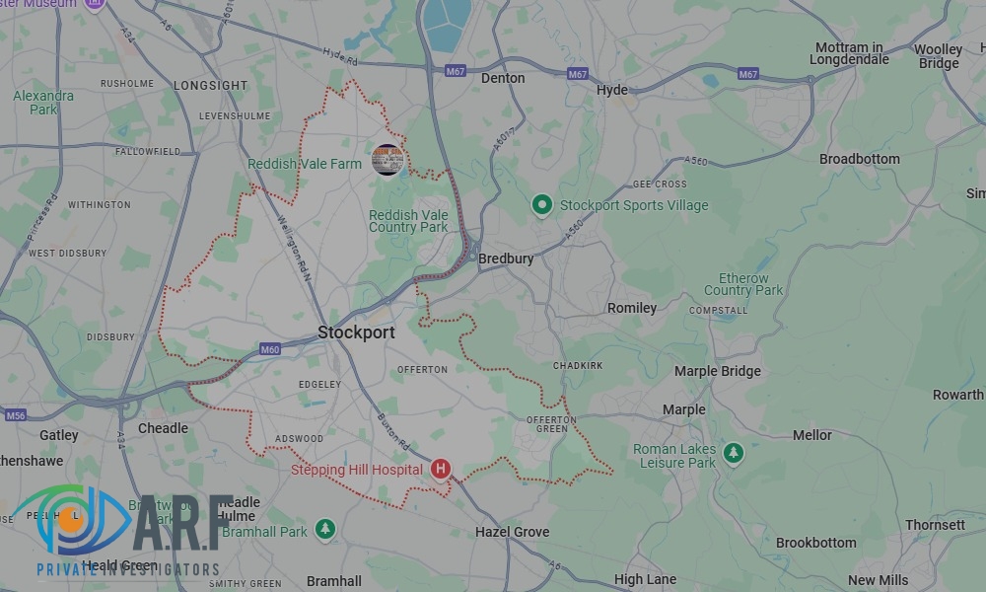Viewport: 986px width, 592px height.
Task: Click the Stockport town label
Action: (356, 333)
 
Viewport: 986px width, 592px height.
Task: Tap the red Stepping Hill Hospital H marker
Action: (441, 470)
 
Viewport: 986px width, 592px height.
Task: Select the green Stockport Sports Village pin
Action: (540, 205)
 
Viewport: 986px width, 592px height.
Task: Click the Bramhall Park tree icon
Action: (325, 531)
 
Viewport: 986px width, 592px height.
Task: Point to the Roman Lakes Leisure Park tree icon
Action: (733, 454)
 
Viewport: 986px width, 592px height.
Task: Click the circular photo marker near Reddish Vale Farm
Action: (387, 161)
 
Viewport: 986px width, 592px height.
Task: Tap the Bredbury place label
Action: (506, 259)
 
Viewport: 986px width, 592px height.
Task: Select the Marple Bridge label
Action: (717, 371)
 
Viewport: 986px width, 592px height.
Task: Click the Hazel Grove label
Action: (512, 532)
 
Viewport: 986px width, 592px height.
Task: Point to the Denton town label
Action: (503, 78)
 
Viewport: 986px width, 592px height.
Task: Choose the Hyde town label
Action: (611, 90)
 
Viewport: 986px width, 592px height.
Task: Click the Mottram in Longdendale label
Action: (849, 53)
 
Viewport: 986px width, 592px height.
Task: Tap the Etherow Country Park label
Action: (743, 284)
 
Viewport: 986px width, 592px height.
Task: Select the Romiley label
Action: (632, 308)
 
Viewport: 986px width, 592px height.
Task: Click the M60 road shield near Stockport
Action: (269, 349)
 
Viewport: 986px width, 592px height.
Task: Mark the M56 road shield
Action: (16, 415)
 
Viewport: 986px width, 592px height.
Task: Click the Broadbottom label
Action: (859, 159)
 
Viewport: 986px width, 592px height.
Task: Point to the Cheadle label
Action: (163, 428)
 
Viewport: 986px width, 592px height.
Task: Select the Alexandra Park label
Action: (43, 103)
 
